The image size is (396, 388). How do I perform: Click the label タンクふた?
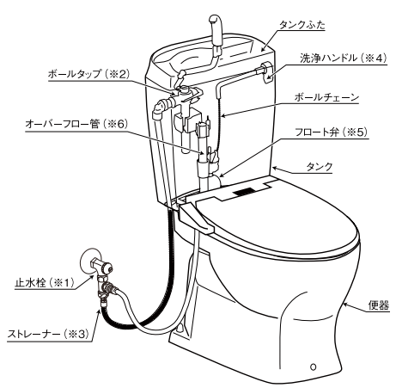[x=302, y=26]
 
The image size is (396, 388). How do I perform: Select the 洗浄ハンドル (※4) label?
[x=344, y=59]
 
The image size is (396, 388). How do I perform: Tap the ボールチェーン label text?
[x=326, y=97]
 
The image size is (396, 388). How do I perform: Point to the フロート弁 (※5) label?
[x=332, y=132]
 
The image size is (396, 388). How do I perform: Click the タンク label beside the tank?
[x=320, y=167]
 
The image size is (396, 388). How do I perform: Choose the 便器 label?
[x=379, y=305]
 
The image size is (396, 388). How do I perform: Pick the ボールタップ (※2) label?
[x=89, y=74]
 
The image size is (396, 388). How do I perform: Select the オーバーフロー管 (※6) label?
[x=76, y=124]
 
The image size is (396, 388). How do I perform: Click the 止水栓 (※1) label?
[x=45, y=283]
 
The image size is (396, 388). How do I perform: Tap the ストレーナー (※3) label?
[x=48, y=334]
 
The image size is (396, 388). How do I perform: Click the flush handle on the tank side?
[x=266, y=72]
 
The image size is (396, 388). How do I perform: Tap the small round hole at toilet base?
[x=314, y=366]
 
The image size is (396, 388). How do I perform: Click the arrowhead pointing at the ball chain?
[x=224, y=116]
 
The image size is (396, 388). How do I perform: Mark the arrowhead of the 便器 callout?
[x=345, y=305]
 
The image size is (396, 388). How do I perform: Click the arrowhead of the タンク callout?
[x=275, y=169]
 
